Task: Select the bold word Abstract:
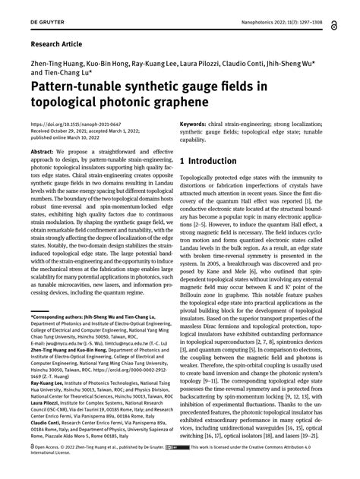42,153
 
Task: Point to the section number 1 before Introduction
182,162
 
